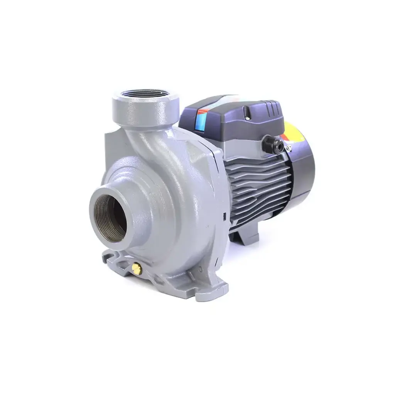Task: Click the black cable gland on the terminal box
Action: [x=269, y=143]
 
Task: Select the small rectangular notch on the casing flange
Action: [x=224, y=216]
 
